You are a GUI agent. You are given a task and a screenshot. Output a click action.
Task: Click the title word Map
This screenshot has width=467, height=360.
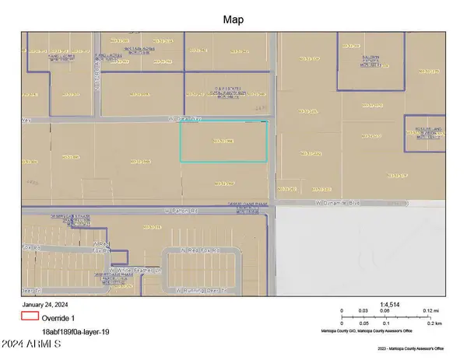[233, 19]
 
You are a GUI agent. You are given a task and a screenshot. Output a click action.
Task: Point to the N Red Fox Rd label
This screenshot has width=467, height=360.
[201, 250]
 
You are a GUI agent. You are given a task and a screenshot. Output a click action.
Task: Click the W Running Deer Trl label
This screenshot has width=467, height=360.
[200, 290]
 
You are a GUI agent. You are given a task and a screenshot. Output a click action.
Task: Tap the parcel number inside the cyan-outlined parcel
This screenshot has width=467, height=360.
[223, 141]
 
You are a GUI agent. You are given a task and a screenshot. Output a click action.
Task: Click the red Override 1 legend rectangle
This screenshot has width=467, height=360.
[30, 316]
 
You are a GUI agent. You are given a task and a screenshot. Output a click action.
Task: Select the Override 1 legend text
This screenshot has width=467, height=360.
[61, 317]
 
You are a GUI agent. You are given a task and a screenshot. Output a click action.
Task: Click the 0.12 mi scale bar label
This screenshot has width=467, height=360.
[431, 311]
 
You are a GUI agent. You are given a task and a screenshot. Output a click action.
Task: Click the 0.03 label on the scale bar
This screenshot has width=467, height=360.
[363, 311]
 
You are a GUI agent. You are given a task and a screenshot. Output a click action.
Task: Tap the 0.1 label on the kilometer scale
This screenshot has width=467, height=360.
[387, 323]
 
